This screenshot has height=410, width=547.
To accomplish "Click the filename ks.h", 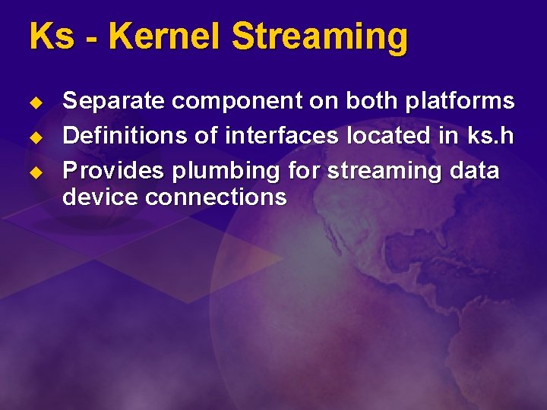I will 491,136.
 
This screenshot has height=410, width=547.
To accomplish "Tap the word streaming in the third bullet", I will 384,172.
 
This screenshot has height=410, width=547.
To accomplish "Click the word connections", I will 215,197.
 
